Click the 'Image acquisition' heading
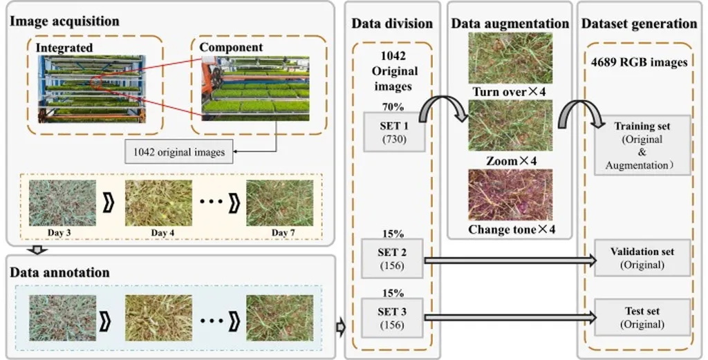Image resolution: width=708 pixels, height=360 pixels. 64,21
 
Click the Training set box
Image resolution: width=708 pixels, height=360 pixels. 643,144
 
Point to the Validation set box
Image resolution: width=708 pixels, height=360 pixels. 643,258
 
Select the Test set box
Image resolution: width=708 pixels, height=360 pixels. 643,317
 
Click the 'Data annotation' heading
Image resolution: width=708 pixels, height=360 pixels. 59,272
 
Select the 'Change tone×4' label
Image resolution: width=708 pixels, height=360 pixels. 511,229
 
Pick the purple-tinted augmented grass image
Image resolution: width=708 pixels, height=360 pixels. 511,195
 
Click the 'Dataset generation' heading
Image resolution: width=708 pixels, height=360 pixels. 639,23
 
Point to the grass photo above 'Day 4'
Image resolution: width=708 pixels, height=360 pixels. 158,202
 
